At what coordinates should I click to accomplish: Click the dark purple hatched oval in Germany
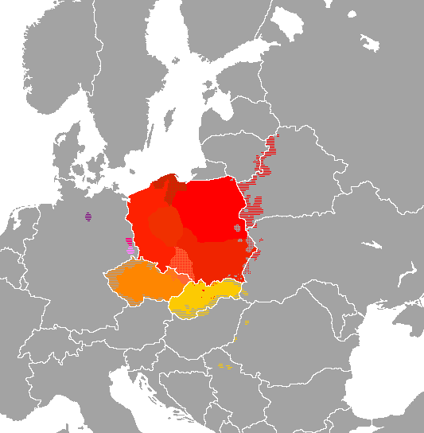click(88, 215)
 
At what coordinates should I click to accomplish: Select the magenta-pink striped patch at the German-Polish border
click(130, 245)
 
